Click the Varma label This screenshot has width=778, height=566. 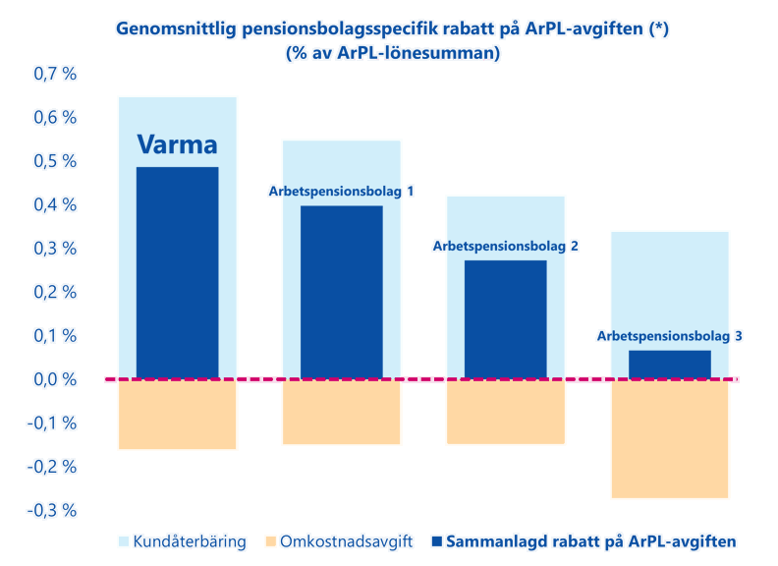[x=177, y=145]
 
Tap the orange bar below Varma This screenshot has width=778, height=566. [x=177, y=416]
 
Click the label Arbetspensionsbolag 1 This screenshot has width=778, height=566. [x=341, y=191]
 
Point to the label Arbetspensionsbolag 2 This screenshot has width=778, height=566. [x=505, y=246]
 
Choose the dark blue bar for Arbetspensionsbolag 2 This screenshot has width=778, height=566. [x=505, y=319]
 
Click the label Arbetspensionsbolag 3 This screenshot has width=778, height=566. [x=669, y=335]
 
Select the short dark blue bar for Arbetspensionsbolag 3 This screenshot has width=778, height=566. [x=669, y=365]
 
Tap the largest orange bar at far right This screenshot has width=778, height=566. [x=669, y=440]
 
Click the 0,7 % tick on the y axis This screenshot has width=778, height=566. [x=55, y=74]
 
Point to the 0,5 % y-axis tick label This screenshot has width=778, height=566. [x=55, y=161]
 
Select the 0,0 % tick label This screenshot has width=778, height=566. [x=55, y=379]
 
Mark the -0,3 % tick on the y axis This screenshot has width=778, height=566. [x=53, y=510]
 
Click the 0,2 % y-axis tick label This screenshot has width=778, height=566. [x=55, y=292]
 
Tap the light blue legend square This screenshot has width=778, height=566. [x=123, y=540]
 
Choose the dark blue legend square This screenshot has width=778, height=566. [x=436, y=540]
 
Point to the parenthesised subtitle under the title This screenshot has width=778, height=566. [x=392, y=54]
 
